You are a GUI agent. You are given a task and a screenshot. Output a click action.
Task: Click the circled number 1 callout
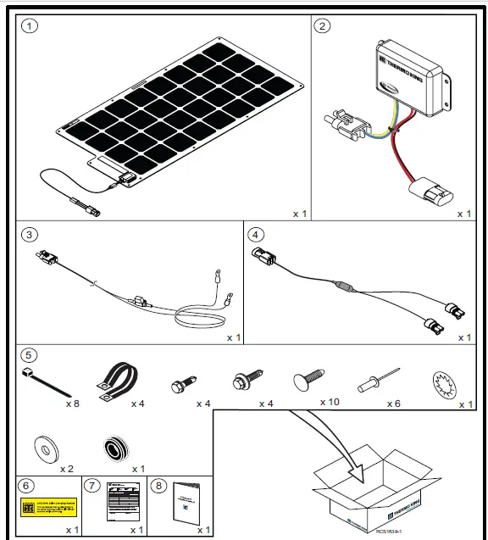coord(30,25)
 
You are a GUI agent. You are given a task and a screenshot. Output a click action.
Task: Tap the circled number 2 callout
coord(322,25)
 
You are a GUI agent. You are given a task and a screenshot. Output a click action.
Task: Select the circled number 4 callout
coord(255,233)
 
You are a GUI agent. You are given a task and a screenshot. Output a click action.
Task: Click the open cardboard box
coord(377,492)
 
